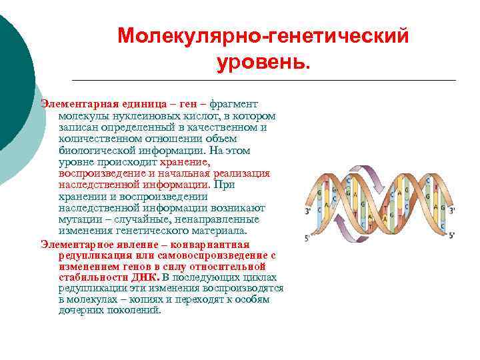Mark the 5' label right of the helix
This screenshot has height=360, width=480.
coord(451,235)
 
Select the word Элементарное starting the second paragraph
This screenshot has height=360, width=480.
coord(73,243)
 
